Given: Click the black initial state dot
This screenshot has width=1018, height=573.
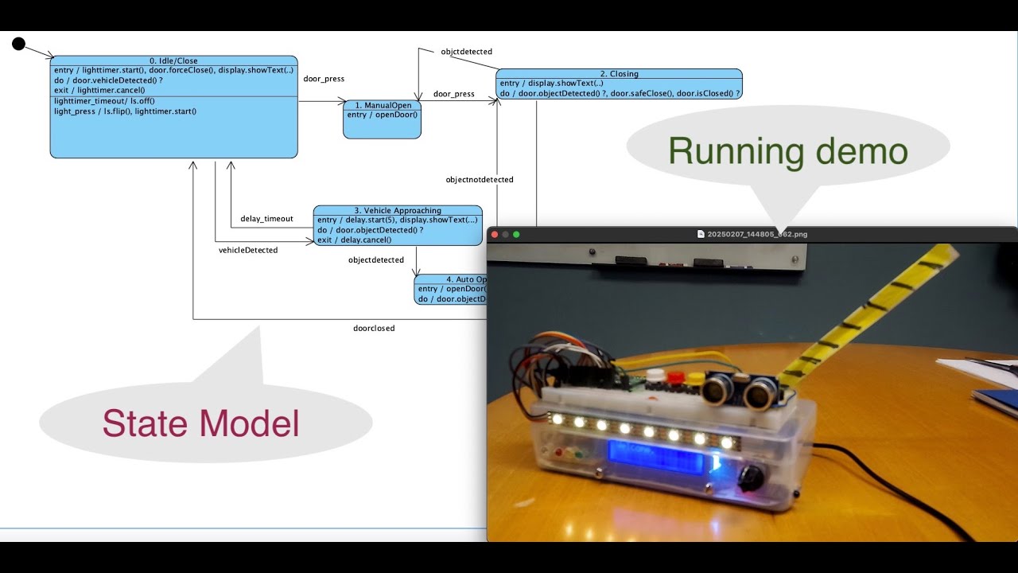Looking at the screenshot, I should (x=19, y=44).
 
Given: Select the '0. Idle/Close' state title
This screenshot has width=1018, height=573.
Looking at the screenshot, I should (x=173, y=60).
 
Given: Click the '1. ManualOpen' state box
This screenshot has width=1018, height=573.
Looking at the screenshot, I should (x=382, y=119).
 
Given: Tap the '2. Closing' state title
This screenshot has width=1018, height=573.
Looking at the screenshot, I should (x=619, y=74).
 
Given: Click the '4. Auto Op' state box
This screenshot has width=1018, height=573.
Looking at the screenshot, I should (x=450, y=290).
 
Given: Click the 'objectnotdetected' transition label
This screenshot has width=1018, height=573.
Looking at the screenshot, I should (x=479, y=180).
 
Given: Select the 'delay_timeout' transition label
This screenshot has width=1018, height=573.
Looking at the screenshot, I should (x=266, y=219).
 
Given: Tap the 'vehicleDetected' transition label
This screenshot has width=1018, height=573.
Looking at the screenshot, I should (x=248, y=251).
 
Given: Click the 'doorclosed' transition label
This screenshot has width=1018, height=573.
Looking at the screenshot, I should (x=374, y=328).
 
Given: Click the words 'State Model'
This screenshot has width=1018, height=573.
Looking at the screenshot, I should (x=200, y=423).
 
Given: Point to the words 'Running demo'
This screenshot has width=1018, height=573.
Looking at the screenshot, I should (x=787, y=150).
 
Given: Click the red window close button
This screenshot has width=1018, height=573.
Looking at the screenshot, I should (x=494, y=235).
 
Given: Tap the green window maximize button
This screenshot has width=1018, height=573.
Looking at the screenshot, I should (x=516, y=235).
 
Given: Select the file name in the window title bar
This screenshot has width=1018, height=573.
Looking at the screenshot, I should (x=756, y=235).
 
